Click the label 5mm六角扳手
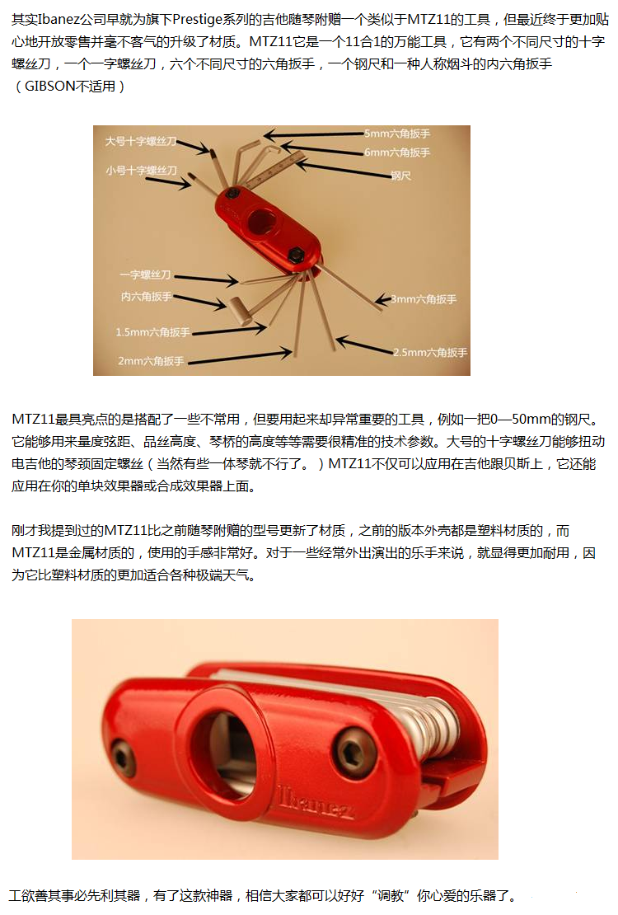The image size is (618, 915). point(397,134)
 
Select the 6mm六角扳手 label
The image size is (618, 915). point(397,152)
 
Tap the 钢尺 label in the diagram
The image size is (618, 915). point(401,175)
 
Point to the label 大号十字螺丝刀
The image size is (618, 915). point(141,141)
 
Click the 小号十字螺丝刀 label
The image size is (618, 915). point(141,171)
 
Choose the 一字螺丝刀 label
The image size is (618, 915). point(145,274)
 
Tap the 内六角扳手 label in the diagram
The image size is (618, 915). point(147,297)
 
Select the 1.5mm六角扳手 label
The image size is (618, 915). point(153,332)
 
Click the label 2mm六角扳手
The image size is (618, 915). point(151,360)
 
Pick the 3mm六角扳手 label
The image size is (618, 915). point(424,298)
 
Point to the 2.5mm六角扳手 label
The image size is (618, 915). point(430,353)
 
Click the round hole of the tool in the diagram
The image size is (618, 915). point(263,222)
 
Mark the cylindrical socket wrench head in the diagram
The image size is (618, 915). point(239,311)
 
